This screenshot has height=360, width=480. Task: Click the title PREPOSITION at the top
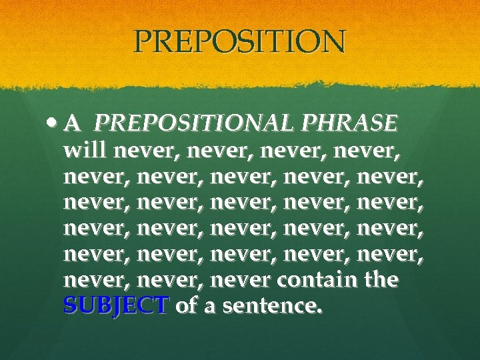tap(240, 42)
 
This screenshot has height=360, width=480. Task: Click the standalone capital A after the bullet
tap(74, 123)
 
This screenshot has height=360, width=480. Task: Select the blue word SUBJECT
tap(116, 306)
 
